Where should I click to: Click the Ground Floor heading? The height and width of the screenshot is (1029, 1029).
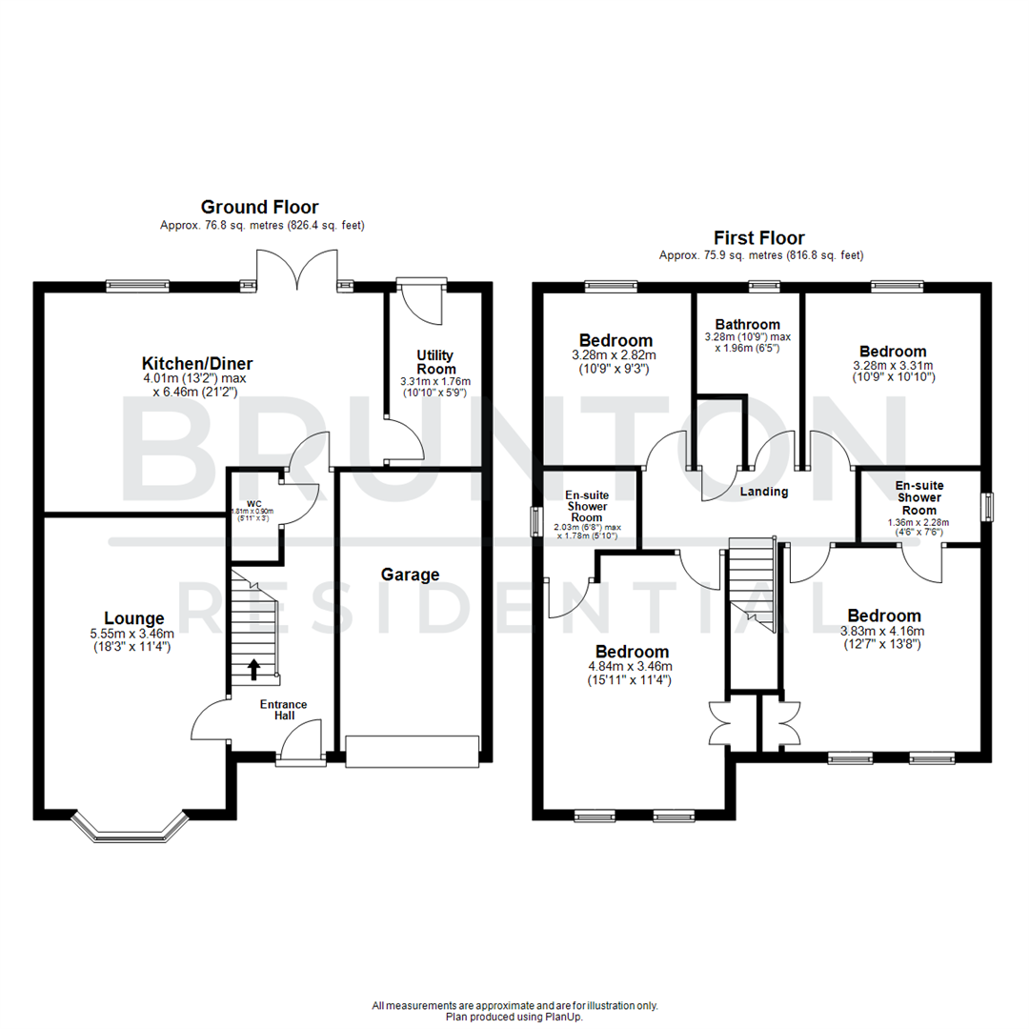pyautogui.click(x=259, y=207)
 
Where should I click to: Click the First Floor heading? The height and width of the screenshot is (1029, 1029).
pyautogui.click(x=759, y=238)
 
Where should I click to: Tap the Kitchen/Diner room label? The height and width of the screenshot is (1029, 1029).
pyautogui.click(x=197, y=363)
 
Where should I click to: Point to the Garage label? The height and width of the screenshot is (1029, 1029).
pyautogui.click(x=410, y=575)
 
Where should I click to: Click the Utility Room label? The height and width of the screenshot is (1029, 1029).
pyautogui.click(x=435, y=361)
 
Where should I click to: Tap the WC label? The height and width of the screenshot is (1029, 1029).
pyautogui.click(x=253, y=502)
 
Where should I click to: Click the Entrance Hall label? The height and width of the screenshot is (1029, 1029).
pyautogui.click(x=284, y=709)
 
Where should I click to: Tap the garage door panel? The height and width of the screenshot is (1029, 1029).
pyautogui.click(x=412, y=751)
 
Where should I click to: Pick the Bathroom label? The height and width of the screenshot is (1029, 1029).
pyautogui.click(x=748, y=325)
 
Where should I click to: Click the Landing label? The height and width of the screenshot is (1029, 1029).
pyautogui.click(x=764, y=492)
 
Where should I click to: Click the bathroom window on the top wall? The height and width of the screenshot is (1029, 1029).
pyautogui.click(x=763, y=284)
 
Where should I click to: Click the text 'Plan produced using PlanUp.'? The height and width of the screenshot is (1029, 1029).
pyautogui.click(x=514, y=1017)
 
